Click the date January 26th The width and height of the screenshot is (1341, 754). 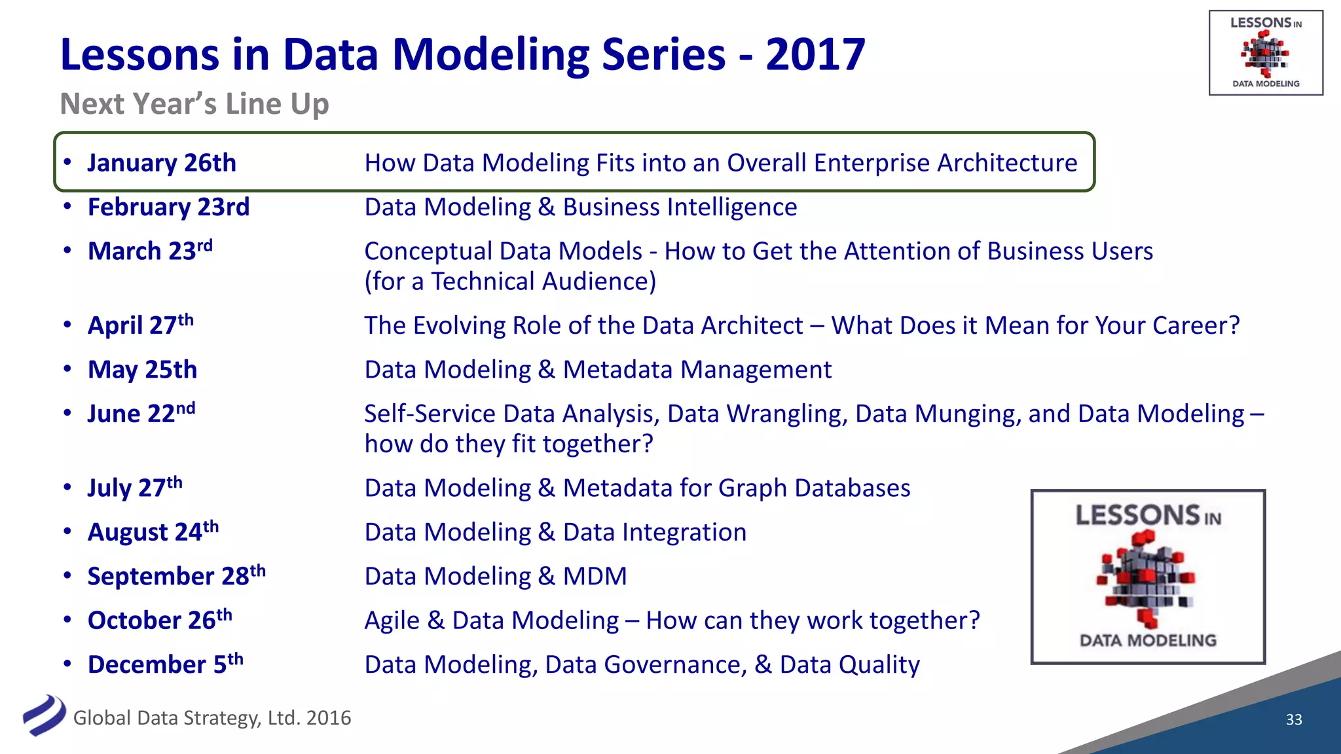pos(162,163)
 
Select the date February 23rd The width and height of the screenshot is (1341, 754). pos(168,207)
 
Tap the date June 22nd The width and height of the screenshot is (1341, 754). pos(141,414)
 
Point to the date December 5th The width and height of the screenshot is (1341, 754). pos(165,664)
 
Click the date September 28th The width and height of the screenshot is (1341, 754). pos(176,576)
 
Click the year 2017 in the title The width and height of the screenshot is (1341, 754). pos(815,54)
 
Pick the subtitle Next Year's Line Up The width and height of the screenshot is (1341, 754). pos(194,104)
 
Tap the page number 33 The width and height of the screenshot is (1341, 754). pos(1294,719)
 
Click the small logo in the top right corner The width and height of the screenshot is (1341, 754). pos(1266,53)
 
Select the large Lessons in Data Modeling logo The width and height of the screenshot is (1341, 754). pos(1148,577)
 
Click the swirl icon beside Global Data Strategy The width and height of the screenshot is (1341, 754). pos(44,715)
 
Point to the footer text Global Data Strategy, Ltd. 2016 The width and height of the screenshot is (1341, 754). pos(212,718)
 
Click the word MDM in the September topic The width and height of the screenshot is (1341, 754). pos(595,577)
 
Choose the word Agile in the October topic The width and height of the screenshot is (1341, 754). pos(392,620)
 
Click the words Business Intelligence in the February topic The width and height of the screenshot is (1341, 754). pos(680,207)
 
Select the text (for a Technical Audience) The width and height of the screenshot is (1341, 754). pos(510,281)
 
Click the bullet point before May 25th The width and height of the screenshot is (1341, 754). pos(67,368)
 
